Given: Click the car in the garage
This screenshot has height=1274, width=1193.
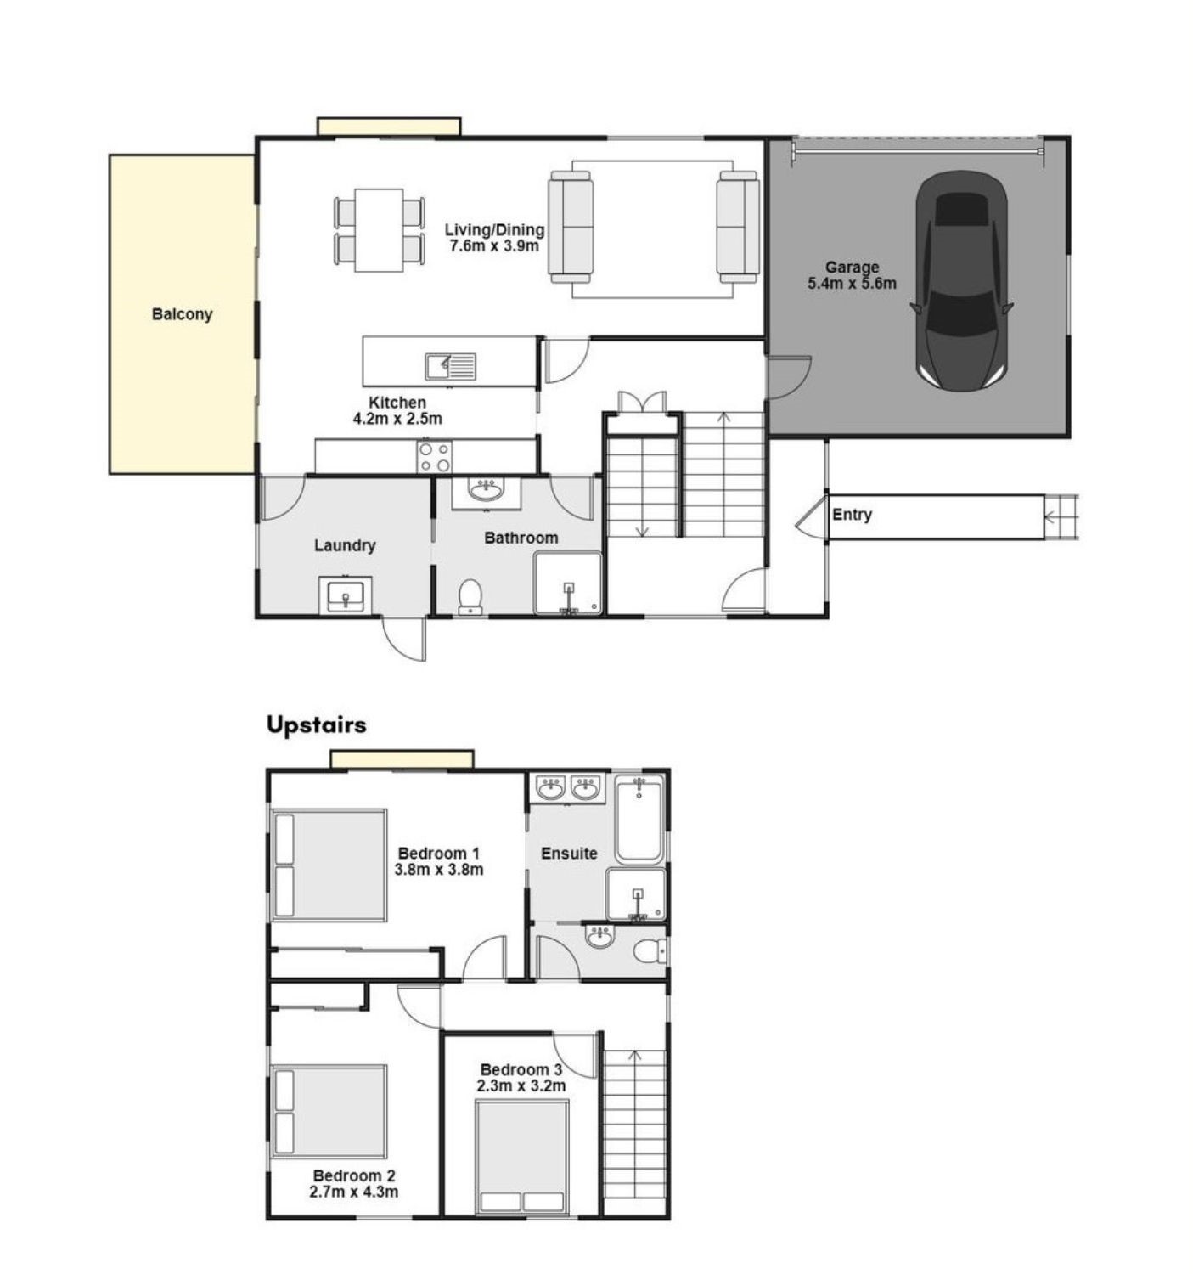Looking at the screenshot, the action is click(x=961, y=281).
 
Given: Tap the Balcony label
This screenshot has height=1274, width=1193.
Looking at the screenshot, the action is click(x=183, y=314).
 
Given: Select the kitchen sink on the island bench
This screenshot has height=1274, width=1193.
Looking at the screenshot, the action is click(x=451, y=366).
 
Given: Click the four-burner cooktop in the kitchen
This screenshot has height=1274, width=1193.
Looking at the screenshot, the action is click(x=434, y=457).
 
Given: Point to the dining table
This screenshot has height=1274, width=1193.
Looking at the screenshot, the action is click(x=379, y=229).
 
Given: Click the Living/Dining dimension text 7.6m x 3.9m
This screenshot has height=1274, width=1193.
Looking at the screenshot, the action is click(x=494, y=245).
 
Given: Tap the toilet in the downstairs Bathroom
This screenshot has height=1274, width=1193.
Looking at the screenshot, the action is click(x=471, y=596).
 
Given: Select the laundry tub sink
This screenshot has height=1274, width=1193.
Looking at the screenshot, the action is click(x=345, y=594).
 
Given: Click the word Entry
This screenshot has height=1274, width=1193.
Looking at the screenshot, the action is click(x=852, y=515).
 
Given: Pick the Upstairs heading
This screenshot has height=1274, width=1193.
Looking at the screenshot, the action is click(x=316, y=724).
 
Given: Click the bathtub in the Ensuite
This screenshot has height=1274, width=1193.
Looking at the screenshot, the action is click(x=639, y=819).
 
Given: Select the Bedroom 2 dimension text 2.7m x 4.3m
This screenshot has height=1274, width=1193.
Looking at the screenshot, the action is click(x=353, y=1192).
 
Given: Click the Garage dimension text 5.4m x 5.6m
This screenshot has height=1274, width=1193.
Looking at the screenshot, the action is click(x=852, y=283).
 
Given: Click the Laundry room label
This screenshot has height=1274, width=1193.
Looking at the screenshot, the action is click(x=345, y=545).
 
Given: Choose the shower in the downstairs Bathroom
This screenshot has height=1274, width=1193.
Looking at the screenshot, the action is click(x=568, y=583).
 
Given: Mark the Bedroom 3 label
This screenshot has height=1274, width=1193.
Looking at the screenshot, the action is click(x=521, y=1069).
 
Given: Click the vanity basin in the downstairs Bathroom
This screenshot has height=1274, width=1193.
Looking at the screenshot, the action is click(x=486, y=493).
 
